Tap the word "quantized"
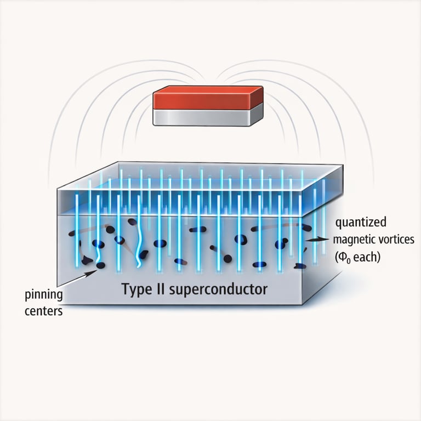click(361, 223)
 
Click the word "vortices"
click(400, 240)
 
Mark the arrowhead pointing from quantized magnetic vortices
click(309, 240)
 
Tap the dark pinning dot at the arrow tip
click(100, 266)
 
